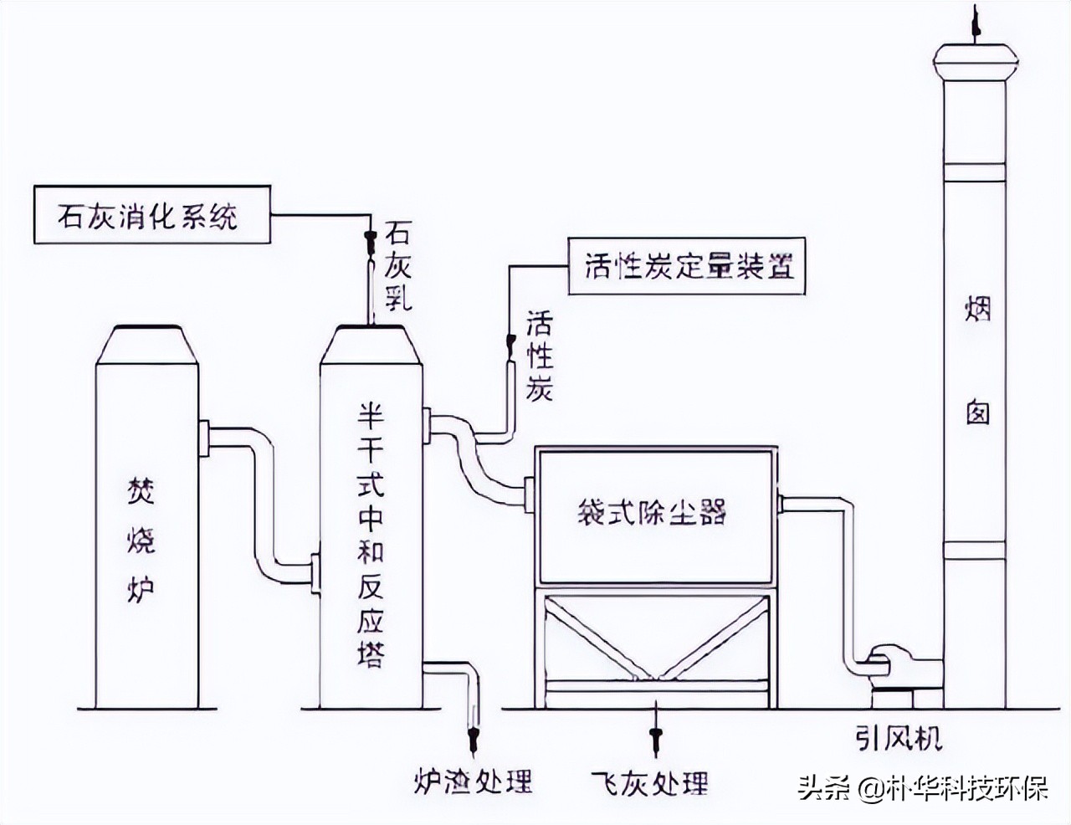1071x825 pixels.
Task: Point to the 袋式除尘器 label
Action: [652, 511]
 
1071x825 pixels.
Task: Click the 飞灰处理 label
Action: [649, 782]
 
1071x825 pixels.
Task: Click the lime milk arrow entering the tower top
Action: [368, 243]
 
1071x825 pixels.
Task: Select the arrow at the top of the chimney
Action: [975, 21]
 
